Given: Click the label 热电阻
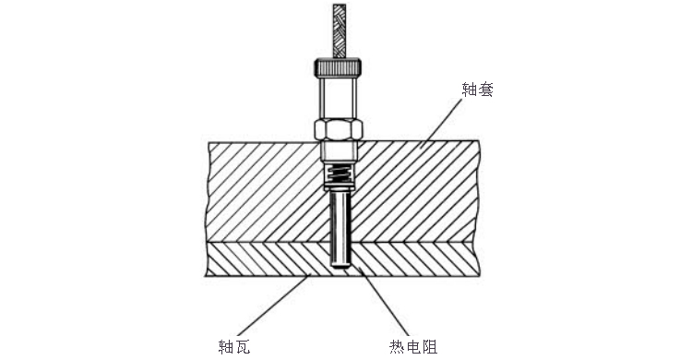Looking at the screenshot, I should [412, 346].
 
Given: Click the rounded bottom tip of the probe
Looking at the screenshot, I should [340, 266].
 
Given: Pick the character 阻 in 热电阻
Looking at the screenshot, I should [429, 346].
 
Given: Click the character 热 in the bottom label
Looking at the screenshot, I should [396, 346].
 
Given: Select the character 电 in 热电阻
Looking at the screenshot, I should [412, 346].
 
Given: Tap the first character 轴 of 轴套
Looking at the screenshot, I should [468, 90].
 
